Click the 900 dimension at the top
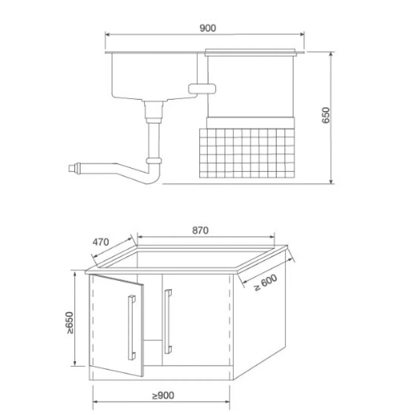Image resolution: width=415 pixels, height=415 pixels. [208, 28]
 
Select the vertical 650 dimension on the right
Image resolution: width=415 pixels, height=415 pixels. [326, 115]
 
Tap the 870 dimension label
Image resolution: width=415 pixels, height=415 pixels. [200, 230]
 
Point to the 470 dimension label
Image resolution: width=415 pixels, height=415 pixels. [101, 242]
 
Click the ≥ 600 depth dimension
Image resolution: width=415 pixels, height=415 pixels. [265, 283]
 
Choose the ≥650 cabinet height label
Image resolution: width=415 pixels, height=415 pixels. [70, 322]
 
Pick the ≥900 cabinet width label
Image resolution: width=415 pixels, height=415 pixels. [163, 396]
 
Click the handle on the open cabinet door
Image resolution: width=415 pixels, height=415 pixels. [131, 328]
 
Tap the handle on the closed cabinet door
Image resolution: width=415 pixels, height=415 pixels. [168, 322]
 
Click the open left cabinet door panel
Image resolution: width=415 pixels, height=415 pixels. [117, 325]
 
